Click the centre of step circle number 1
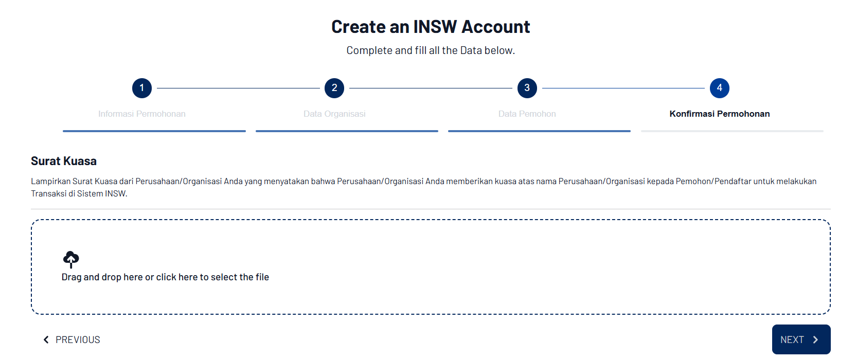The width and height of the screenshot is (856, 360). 142,88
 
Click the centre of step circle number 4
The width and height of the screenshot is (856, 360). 720,88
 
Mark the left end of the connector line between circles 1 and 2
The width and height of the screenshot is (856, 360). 157,88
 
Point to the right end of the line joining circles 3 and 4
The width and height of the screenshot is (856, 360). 704,88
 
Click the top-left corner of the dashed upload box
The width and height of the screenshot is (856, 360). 31,220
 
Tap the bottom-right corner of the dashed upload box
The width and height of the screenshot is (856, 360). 830,314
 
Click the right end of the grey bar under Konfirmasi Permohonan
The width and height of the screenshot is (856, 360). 824,131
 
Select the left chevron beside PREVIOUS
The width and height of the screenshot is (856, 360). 46,340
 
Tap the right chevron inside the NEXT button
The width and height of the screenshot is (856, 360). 816,340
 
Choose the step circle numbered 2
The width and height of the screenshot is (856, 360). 334,88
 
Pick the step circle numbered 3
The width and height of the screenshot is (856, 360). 527,88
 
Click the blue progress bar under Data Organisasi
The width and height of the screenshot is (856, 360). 347,131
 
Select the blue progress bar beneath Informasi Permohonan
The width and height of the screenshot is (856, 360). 154,131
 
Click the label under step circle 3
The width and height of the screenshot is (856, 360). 527,114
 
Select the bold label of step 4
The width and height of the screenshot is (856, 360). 720,114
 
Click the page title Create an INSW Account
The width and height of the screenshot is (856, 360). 431,27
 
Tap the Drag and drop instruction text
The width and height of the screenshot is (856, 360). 165,277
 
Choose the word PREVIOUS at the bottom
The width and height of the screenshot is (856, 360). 78,340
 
